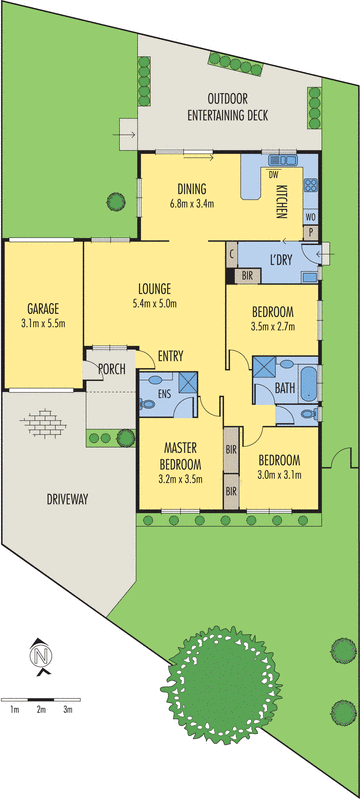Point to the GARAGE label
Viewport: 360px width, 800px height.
pyautogui.click(x=41, y=308)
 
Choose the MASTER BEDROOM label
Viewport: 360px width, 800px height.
pyautogui.click(x=180, y=457)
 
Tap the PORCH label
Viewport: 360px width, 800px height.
pyautogui.click(x=111, y=370)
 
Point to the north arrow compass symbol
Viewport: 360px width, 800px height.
pyautogui.click(x=41, y=656)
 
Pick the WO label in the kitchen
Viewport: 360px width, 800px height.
pyautogui.click(x=310, y=216)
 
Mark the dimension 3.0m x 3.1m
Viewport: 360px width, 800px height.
pyautogui.click(x=279, y=474)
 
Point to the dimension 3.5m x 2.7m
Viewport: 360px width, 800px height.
pyautogui.click(x=272, y=325)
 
